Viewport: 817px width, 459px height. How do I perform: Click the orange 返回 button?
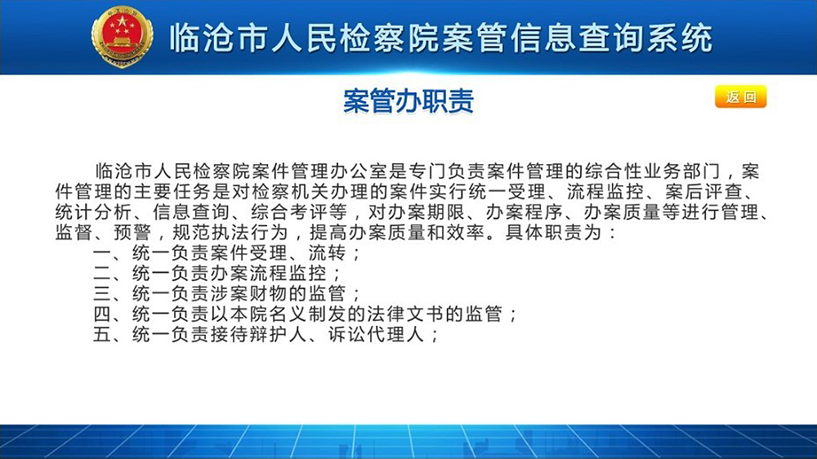pos(740,96)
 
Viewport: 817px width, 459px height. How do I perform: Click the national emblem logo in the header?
pos(122,37)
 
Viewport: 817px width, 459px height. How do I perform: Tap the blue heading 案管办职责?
pos(408,100)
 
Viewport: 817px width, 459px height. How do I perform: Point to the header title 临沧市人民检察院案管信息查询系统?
pos(441,38)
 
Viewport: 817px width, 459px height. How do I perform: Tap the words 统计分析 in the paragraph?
pos(94,212)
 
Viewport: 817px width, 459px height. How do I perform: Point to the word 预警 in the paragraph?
pos(133,233)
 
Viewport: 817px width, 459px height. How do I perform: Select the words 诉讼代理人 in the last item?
pos(377,335)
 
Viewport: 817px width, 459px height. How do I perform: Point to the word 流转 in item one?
pos(328,253)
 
